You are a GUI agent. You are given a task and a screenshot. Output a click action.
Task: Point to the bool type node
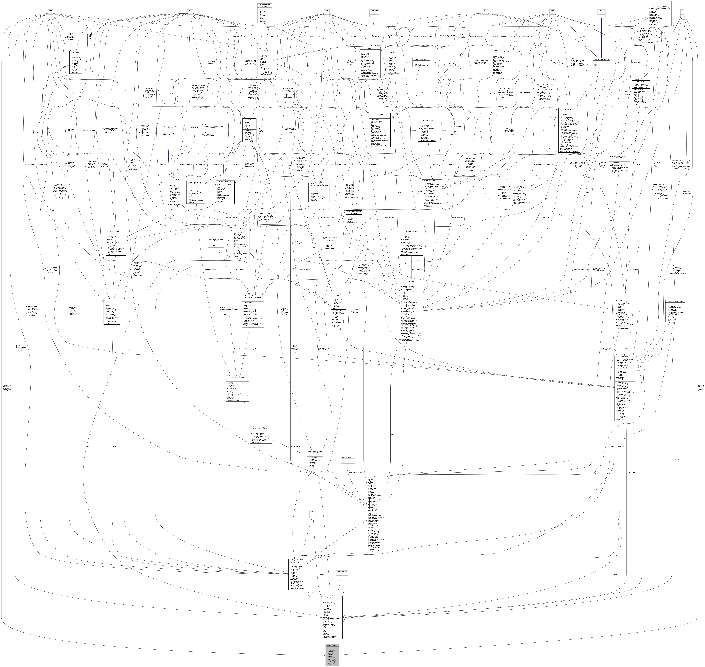tap(51, 11)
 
